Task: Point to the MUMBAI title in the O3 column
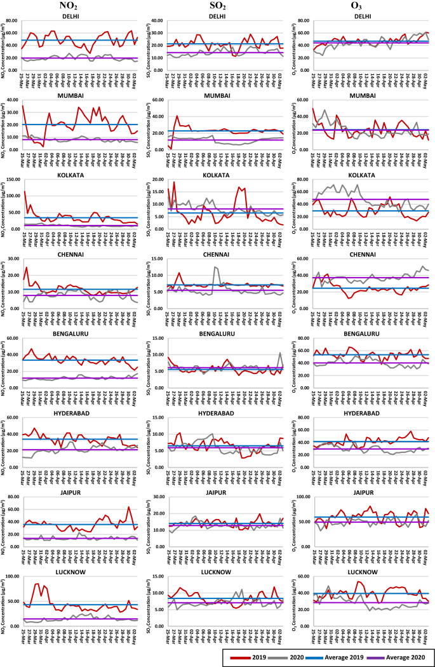pos(362,95)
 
